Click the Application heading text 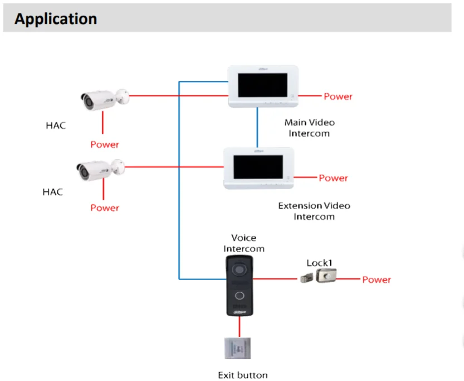(x=56, y=18)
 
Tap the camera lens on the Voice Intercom (x=240, y=269)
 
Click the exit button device (x=239, y=349)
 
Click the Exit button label (x=242, y=375)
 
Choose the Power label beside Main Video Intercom (x=338, y=97)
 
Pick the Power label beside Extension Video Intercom (x=333, y=178)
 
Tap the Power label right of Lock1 (x=377, y=279)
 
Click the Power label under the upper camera (x=105, y=144)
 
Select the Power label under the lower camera (x=105, y=208)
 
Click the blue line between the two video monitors (x=257, y=127)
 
